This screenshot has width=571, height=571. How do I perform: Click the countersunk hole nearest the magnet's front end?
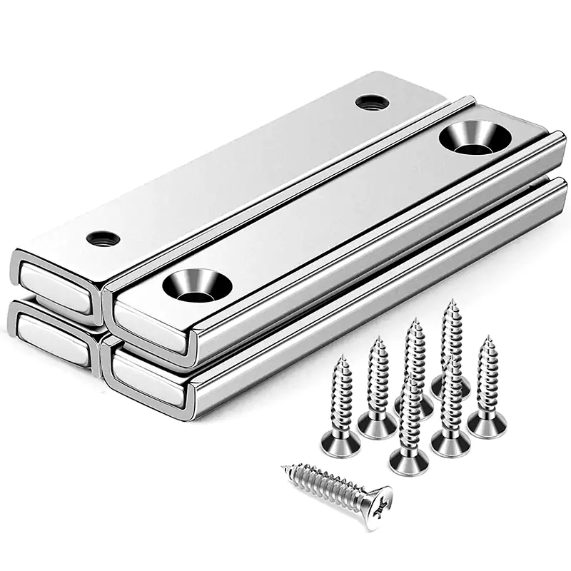190,285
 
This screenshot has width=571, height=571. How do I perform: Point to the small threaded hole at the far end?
372,102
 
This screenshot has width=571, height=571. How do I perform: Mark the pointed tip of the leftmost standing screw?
343,355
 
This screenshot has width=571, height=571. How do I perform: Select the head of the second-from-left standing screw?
377,425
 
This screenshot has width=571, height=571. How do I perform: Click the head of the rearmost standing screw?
451,386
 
